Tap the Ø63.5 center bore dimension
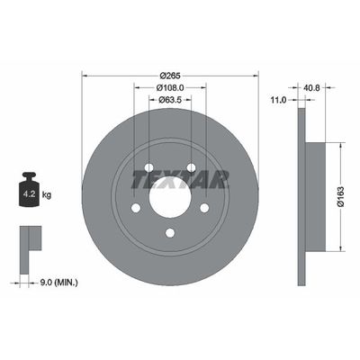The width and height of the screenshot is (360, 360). pos(169,101)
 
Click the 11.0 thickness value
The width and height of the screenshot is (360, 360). pos(279,102)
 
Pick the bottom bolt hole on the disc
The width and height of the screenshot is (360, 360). pos(169,233)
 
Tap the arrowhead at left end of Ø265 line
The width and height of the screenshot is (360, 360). pos(83,74)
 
